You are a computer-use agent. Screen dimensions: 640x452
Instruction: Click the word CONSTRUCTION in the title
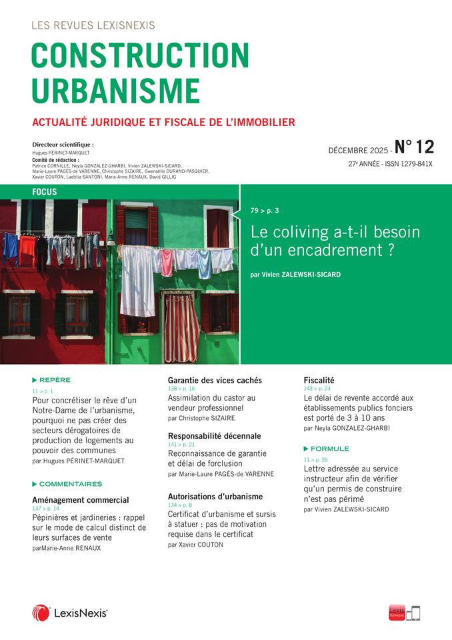[x=140, y=56]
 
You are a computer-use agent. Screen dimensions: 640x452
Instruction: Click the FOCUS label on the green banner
[x=44, y=192]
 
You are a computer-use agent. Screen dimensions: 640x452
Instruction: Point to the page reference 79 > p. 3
[x=265, y=211]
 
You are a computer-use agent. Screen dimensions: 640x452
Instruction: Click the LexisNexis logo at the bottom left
[x=69, y=613]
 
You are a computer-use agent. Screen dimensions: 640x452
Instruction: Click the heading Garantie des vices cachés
[x=215, y=381]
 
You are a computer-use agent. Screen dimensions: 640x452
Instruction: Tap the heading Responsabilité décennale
[x=214, y=436]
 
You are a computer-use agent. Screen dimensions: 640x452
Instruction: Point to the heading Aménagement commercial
[x=81, y=499]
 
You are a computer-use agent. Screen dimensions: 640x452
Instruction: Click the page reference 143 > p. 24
[x=317, y=389]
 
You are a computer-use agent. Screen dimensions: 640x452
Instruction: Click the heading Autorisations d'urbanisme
[x=215, y=497]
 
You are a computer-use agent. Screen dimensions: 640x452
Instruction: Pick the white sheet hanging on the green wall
[x=137, y=280]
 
